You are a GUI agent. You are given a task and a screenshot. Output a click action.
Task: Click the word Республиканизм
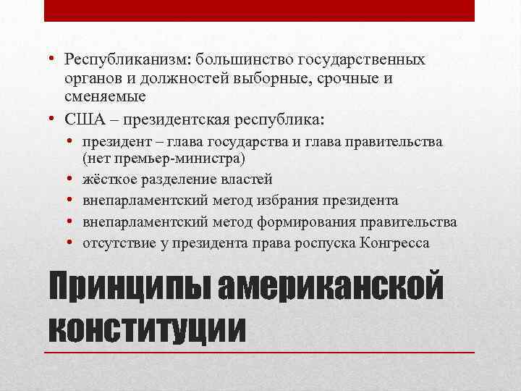[114, 59]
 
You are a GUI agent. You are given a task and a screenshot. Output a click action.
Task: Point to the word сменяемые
[105, 96]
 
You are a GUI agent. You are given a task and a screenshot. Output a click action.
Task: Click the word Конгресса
[394, 243]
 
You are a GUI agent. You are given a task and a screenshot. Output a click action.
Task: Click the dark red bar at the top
[260, 10]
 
